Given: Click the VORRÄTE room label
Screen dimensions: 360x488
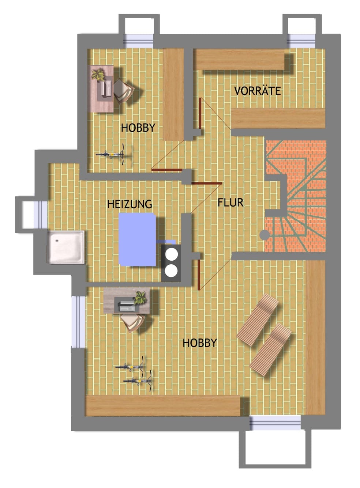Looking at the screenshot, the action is click(258, 91).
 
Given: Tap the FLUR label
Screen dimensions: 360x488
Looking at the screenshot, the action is click(230, 203).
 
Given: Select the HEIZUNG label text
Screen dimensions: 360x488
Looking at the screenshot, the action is click(130, 204).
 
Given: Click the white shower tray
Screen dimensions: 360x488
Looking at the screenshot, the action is click(66, 247).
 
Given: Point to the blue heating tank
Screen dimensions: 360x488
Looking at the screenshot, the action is click(137, 239).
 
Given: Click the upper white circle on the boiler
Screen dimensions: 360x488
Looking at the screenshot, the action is click(171, 254).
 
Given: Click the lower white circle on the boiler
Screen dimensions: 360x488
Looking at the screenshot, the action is click(171, 271).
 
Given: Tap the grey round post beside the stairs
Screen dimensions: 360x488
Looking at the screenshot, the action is click(265, 235).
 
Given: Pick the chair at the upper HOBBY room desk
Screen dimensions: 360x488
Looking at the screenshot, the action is click(124, 91).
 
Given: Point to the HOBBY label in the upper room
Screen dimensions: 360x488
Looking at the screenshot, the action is click(138, 128).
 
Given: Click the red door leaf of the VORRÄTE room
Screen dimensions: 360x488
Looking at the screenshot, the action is click(200, 113).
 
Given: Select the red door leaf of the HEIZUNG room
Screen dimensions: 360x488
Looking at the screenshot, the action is click(207, 184).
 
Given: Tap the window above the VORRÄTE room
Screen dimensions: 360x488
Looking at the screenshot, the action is click(301, 41).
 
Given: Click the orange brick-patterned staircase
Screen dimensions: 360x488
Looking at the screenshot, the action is click(296, 196).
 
